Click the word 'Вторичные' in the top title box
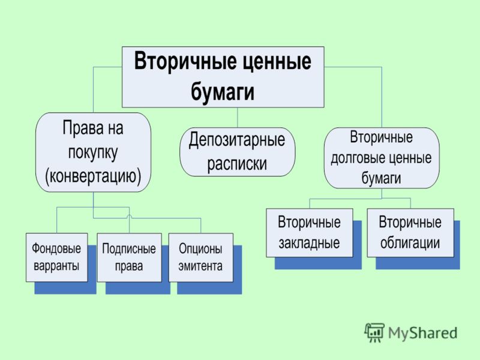185,61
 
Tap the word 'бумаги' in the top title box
223,91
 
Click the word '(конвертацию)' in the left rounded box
93,176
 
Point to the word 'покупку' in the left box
93,152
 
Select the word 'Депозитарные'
236,140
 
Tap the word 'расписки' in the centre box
237,164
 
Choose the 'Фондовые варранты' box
56,257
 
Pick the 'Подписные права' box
129,257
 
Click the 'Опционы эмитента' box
201,257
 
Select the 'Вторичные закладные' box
309,233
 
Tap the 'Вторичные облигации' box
410,233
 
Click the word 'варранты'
56,266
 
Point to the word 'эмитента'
200,266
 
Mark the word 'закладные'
309,243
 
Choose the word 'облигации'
410,243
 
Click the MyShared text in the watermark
423,333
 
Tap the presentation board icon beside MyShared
374,332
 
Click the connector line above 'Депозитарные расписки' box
238,118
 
